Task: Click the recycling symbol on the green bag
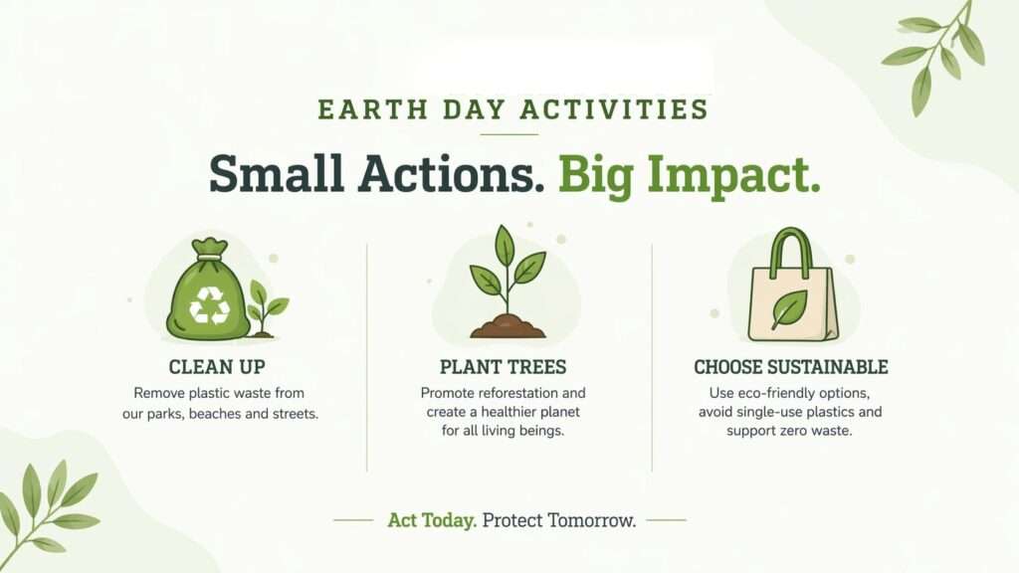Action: pos(209,305)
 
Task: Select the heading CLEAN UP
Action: pos(217,367)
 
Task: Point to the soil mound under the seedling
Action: pos(508,326)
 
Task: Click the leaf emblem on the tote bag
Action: pos(789,308)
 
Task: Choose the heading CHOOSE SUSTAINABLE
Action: pos(791,367)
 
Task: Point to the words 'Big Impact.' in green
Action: pos(689,173)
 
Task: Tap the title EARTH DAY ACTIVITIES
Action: pos(512,109)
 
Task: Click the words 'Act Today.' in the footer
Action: pos(432,520)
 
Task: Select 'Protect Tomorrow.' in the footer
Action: pos(559,520)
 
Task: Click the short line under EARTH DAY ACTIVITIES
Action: pos(509,134)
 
